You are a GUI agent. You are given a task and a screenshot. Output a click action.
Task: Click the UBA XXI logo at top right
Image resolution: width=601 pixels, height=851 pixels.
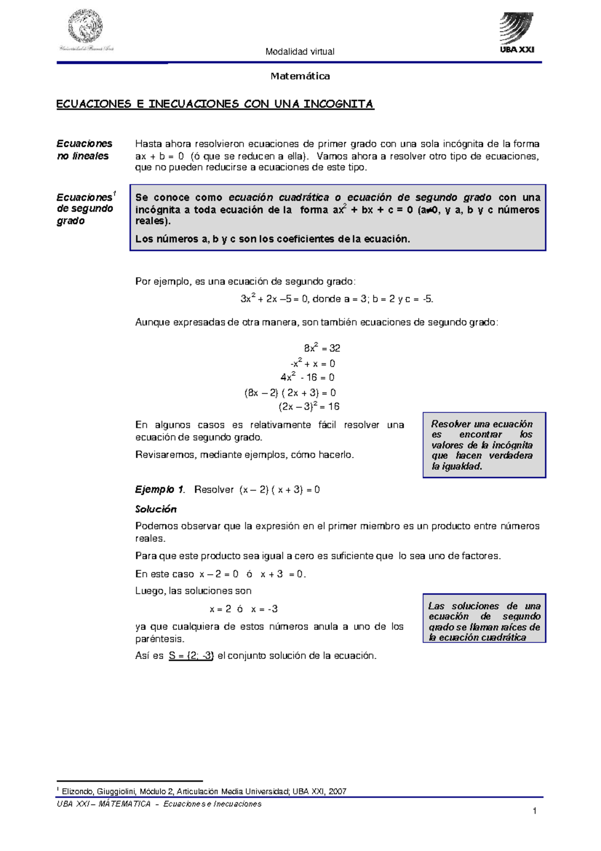[517, 33]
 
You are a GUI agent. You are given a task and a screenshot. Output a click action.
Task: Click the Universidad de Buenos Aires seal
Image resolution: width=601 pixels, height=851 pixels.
[86, 28]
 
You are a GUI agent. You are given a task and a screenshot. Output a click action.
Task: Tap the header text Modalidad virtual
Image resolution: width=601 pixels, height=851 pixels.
[299, 52]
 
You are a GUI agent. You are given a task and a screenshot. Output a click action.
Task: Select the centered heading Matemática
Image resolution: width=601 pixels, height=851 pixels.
[300, 76]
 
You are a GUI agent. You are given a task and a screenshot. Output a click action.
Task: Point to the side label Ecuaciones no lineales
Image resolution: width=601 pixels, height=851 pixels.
[84, 150]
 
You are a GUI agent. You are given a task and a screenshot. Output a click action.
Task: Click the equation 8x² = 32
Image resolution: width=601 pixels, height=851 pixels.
[322, 348]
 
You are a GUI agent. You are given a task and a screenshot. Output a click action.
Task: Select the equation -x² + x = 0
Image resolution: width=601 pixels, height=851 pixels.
[313, 363]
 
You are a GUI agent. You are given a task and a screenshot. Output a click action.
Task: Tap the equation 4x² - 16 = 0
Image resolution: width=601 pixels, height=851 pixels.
[307, 377]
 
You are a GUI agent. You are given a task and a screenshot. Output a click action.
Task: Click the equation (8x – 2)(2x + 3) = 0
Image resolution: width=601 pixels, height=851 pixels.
[290, 393]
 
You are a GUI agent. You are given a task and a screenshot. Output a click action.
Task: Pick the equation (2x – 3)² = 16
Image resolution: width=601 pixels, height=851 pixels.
[309, 406]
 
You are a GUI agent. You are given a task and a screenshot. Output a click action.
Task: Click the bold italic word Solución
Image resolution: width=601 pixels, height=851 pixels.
[156, 509]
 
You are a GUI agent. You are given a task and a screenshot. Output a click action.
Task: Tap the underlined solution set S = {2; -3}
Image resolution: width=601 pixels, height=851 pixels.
[191, 656]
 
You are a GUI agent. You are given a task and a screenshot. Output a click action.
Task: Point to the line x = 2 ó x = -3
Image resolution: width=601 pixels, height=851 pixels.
[243, 609]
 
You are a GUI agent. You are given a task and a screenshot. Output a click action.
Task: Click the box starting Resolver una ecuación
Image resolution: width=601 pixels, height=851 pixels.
[484, 445]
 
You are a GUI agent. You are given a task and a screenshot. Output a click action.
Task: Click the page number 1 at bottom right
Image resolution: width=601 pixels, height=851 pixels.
[534, 811]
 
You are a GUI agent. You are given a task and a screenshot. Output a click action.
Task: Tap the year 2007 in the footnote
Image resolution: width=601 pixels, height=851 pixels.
[338, 791]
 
